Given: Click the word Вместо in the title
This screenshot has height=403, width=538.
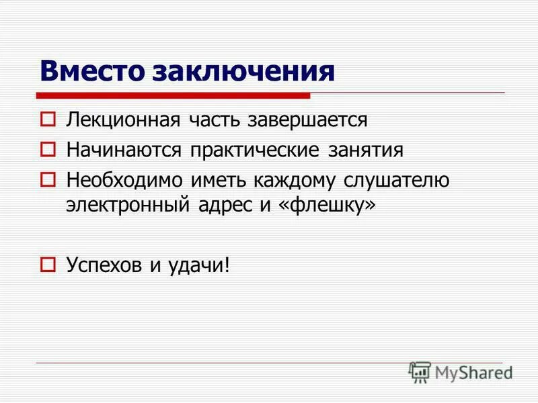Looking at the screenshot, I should (x=95, y=71).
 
